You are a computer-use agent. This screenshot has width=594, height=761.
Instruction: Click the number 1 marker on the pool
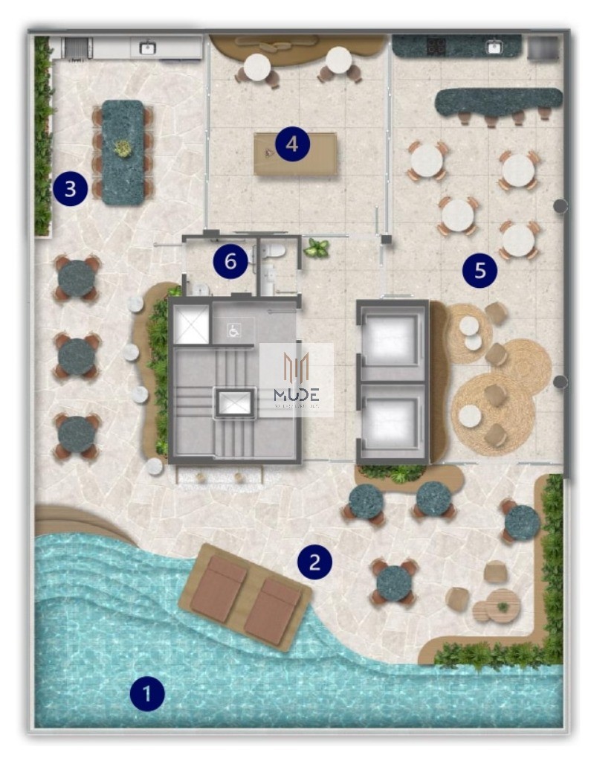[146, 694]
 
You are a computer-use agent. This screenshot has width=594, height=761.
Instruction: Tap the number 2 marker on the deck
[314, 562]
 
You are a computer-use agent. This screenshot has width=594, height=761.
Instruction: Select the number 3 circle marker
[70, 188]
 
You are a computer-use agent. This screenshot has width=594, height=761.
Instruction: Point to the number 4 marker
[292, 144]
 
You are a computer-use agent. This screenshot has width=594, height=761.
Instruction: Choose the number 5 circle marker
[480, 271]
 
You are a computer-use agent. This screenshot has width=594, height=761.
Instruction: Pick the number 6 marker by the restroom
[230, 261]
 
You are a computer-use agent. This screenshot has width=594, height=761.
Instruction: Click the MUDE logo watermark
[296, 379]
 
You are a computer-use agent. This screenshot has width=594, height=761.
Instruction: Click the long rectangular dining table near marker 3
[123, 152]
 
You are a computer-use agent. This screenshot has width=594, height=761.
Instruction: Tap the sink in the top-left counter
[148, 48]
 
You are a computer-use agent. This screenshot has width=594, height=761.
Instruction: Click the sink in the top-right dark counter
[494, 48]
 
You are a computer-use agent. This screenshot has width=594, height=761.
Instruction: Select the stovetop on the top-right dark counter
[436, 47]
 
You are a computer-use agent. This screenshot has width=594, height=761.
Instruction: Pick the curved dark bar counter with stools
[498, 102]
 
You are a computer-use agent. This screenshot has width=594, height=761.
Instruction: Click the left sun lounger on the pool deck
[218, 589]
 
